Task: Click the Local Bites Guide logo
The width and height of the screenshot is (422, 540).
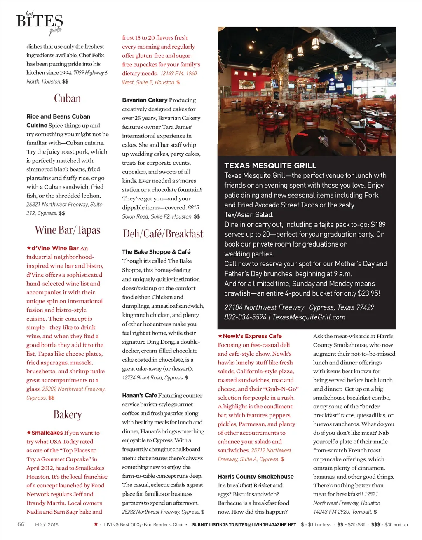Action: tap(40, 22)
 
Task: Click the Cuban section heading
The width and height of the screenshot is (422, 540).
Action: tap(67, 98)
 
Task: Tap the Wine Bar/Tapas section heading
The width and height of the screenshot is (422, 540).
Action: tap(67, 230)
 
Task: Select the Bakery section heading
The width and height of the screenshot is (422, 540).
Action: tap(67, 414)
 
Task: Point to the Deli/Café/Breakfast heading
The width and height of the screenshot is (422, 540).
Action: tap(163, 234)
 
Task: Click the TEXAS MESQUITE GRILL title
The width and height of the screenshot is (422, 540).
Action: tap(270, 166)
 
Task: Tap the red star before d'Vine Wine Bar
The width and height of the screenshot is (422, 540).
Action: tap(29, 248)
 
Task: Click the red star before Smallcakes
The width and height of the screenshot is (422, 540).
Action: tap(29, 433)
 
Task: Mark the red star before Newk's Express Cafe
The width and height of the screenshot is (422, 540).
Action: tap(220, 336)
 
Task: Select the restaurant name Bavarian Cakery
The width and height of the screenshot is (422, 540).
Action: tap(145, 100)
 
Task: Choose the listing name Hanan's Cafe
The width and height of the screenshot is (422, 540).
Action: tap(139, 395)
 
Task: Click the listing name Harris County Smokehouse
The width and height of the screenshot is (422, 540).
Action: tap(256, 476)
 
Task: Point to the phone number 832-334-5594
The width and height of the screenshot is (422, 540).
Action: tap(245, 317)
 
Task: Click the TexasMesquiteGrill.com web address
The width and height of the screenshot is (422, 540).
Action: tap(309, 317)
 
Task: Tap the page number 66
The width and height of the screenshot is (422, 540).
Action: tap(21, 524)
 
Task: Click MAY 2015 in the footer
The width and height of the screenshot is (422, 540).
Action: tap(47, 524)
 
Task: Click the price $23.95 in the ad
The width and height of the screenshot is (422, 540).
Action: tap(367, 293)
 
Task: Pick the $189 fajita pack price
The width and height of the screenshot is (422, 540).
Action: tap(378, 225)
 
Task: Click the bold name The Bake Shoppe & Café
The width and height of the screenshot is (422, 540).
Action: tap(156, 252)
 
